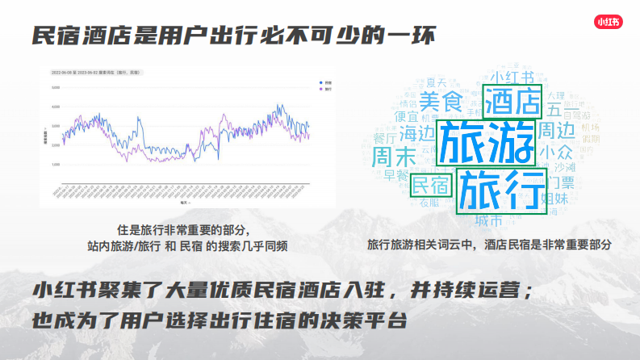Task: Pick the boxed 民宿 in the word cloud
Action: [x=430, y=185]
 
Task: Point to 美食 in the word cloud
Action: [x=441, y=103]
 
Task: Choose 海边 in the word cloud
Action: [x=417, y=132]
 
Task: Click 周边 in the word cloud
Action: [x=558, y=129]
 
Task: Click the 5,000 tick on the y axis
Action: [x=56, y=87]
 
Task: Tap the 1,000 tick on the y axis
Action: [x=56, y=165]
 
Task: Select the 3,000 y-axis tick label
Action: [x=56, y=126]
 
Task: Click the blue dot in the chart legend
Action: [x=321, y=83]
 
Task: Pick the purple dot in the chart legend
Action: [x=321, y=88]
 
